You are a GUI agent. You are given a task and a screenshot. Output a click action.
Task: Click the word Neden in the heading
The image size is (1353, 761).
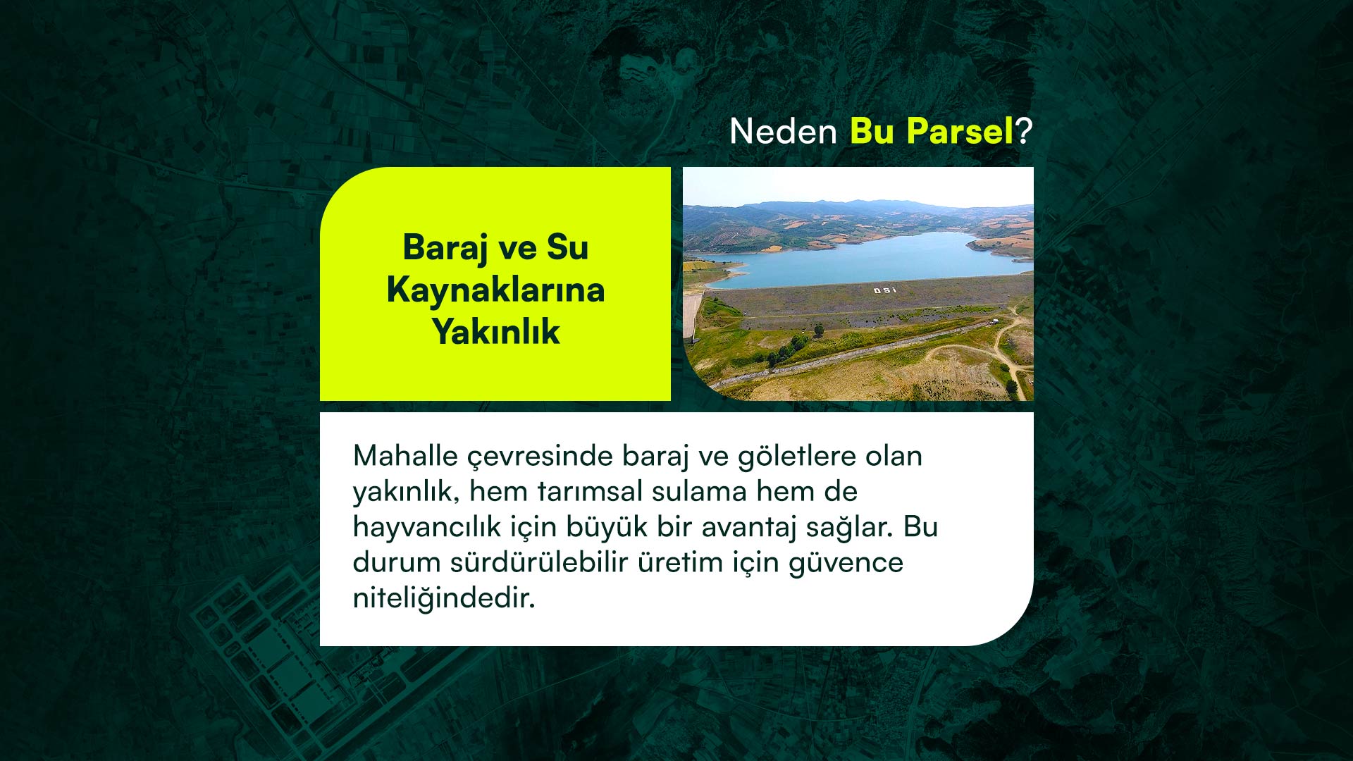[783, 131]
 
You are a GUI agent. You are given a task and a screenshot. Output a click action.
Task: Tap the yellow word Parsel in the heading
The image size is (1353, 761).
[960, 131]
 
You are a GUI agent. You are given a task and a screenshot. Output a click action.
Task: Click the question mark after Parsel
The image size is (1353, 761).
[1024, 131]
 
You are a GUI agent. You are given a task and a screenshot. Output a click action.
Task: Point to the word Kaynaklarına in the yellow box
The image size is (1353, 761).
[495, 290]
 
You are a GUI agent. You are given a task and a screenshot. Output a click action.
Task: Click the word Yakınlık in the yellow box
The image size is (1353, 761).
[496, 331]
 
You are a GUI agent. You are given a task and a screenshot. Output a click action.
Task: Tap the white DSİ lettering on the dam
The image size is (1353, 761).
[886, 290]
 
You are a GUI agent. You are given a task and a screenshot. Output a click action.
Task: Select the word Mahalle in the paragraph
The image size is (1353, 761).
[406, 456]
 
